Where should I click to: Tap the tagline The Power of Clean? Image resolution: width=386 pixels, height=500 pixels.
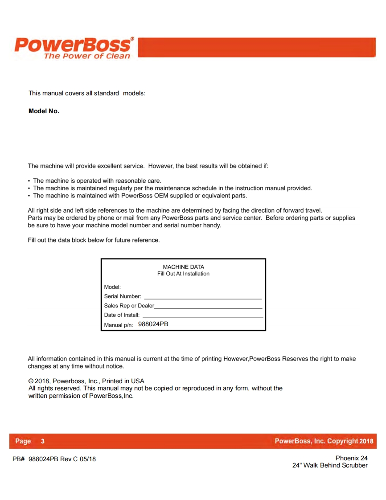pos(87,56)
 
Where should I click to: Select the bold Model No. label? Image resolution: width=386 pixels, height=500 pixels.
pos(44,111)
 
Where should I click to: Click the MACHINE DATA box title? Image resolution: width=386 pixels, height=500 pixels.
pos(183,267)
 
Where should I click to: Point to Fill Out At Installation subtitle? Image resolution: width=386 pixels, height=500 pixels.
pos(183,274)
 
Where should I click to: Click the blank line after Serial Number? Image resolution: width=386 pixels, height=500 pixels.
pos(202,297)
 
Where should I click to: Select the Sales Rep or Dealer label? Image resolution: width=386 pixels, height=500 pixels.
pos(129,306)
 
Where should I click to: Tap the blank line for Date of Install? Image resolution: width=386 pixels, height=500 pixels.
pos(202,316)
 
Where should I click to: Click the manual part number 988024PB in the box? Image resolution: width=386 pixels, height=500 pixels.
pos(153,324)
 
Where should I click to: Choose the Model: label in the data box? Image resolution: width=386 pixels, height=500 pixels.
pos(112,287)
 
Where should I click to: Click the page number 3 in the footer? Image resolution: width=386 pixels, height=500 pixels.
pos(43,441)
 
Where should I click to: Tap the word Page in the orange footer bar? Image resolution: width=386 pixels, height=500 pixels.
pos(23,441)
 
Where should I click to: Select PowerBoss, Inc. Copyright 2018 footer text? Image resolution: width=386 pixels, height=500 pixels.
pos(324,441)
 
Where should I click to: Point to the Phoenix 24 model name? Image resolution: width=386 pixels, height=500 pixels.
pos(351,458)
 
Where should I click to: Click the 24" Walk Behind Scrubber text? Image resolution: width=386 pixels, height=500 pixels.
pos(330,465)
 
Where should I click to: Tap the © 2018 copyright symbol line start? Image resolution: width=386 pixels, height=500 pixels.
pos(31,381)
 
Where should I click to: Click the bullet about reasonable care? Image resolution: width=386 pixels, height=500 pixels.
pos(97,181)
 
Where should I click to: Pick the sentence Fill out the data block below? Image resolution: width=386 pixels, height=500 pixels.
pos(94,240)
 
